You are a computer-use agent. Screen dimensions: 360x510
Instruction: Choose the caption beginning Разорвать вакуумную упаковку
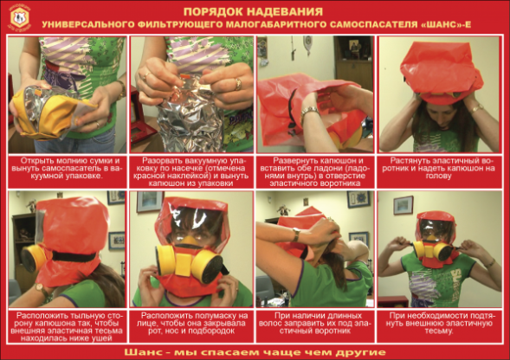pos(190,169)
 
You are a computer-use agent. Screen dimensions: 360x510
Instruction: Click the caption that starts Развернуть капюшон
pos(315,169)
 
